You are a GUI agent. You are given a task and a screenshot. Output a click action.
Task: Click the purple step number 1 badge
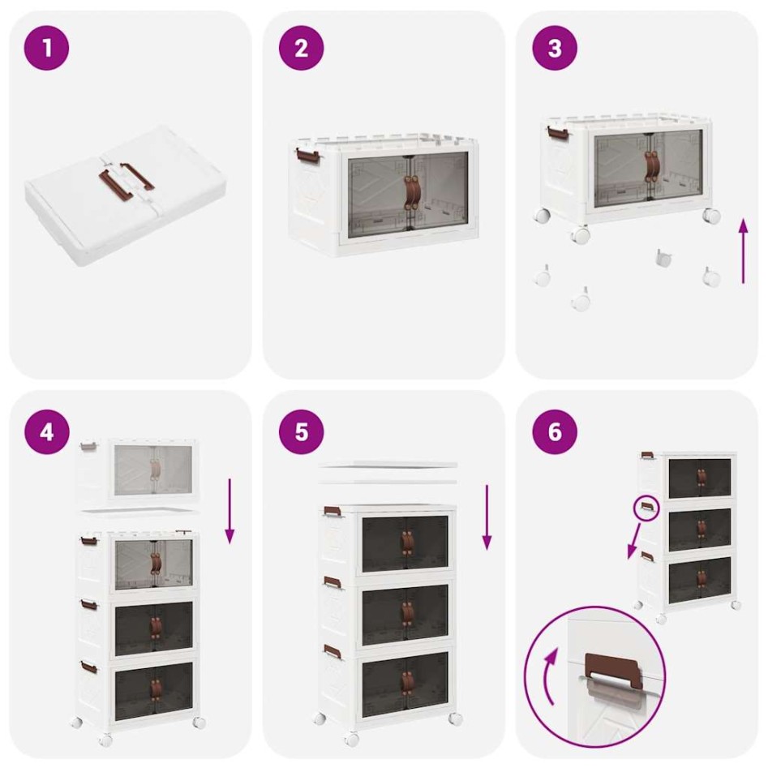[x=47, y=48]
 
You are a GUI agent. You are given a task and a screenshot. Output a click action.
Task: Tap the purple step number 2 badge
[x=302, y=48]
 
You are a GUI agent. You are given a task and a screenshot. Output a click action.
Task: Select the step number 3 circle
[x=555, y=48]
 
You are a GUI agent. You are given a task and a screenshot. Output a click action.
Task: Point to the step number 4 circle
[x=47, y=431]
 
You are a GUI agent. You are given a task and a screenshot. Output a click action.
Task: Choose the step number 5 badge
[x=302, y=431]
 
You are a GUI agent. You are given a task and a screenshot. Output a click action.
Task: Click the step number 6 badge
[x=555, y=431]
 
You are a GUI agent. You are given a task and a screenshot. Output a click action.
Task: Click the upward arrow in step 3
[x=743, y=251]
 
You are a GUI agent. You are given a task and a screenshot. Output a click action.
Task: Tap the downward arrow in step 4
[x=230, y=510]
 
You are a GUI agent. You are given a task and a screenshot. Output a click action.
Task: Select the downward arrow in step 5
[x=487, y=517]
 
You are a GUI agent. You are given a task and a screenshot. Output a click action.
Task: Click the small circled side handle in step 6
[x=646, y=508]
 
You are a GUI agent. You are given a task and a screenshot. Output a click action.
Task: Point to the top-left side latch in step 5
[x=333, y=512]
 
